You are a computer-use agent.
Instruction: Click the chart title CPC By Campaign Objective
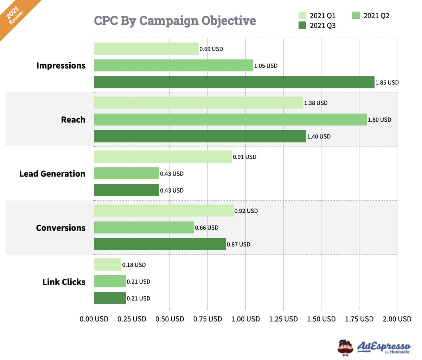pyautogui.click(x=175, y=21)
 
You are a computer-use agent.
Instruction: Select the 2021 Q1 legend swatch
pyautogui.click(x=302, y=15)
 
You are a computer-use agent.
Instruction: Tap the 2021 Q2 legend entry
pyautogui.click(x=370, y=15)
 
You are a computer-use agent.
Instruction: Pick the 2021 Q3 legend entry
pyautogui.click(x=317, y=25)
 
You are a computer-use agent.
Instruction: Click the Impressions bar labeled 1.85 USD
pyautogui.click(x=234, y=82)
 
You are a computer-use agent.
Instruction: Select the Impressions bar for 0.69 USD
pyautogui.click(x=146, y=49)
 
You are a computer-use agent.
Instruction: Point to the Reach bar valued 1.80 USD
pyautogui.click(x=230, y=120)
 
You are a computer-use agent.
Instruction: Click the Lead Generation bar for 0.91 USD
pyautogui.click(x=163, y=157)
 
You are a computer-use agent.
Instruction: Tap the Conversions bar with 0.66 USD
pyautogui.click(x=144, y=227)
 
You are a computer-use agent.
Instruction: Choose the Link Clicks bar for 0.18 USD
pyautogui.click(x=108, y=265)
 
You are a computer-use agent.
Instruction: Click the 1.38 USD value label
pyautogui.click(x=316, y=103)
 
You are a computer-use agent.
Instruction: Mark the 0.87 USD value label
pyautogui.click(x=238, y=244)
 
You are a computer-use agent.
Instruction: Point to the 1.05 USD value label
pyautogui.click(x=266, y=66)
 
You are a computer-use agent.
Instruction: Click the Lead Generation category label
pyautogui.click(x=52, y=174)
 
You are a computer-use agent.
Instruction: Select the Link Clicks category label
pyautogui.click(x=64, y=282)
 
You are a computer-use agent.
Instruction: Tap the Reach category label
pyautogui.click(x=73, y=120)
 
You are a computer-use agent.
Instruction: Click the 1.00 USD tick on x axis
pyautogui.click(x=245, y=319)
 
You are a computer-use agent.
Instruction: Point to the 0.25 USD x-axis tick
pyautogui.click(x=132, y=319)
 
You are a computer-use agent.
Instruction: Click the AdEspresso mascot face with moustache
pyautogui.click(x=345, y=348)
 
